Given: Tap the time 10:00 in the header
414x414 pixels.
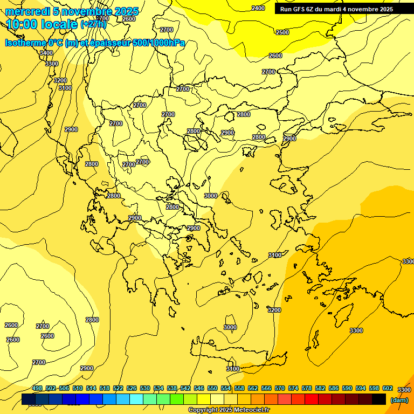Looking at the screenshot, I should pos(23,24).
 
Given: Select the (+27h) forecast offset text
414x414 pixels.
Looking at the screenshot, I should pos(94,24).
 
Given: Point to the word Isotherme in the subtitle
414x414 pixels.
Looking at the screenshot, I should pos(25,43).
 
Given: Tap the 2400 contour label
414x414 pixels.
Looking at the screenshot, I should pos(258,8).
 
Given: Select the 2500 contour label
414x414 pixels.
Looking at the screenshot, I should pos(282,32).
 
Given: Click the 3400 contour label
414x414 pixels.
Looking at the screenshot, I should pos(46,53).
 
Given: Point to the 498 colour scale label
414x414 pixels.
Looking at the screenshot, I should pos(37,388).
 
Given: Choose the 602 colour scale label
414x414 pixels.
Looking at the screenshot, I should pos(387,388).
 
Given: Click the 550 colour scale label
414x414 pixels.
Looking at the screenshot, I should pos(212,388).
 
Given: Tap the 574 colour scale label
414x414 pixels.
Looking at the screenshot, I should pos(293,388).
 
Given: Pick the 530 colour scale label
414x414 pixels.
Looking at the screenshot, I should pos(145,388).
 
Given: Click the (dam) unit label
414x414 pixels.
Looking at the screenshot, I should pos(399,399).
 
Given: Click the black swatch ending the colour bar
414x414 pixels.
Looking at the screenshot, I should pos(379,399).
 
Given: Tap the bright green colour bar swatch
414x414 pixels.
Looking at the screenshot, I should pos(176,399).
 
